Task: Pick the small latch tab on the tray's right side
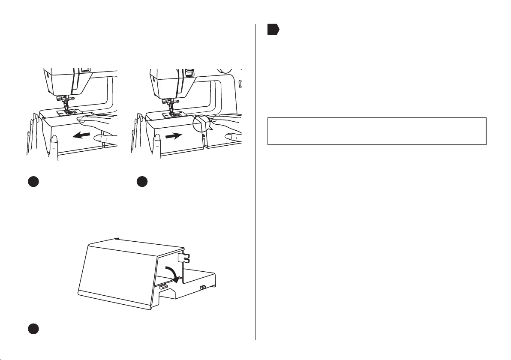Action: (x=201, y=287)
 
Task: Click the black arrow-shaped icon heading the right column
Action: (x=273, y=30)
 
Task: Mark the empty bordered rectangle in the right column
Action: (x=377, y=132)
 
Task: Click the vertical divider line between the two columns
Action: (x=255, y=180)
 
